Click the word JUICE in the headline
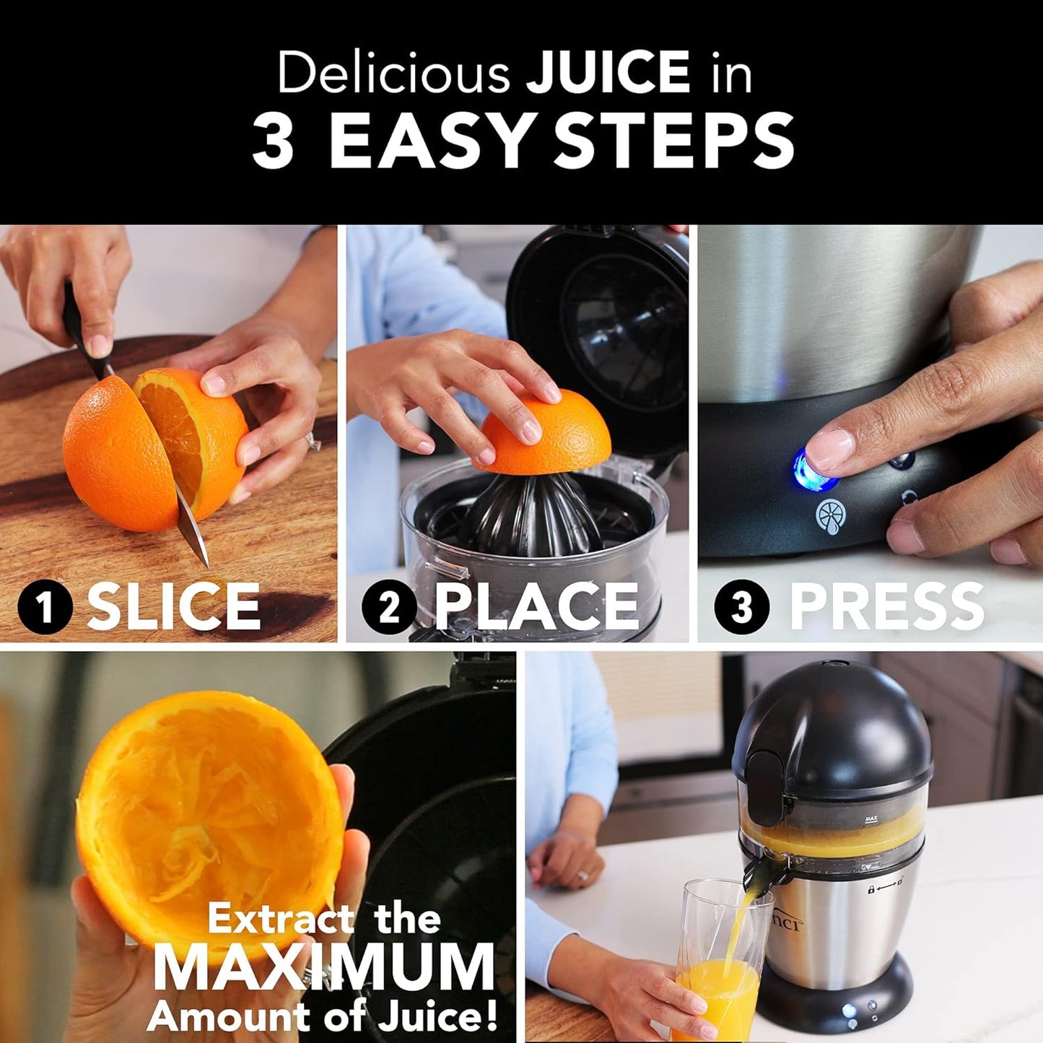pos(608,72)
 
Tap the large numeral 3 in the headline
pos(274,141)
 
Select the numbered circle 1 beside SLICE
pos(45,606)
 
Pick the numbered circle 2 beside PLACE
pos(389,606)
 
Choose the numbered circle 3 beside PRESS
pos(742,606)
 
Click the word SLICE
pos(173,606)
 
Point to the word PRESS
pos(886,606)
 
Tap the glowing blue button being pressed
pos(810,469)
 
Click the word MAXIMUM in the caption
pos(323,967)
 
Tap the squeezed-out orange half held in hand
pos(209,816)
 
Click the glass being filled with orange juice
pos(718,960)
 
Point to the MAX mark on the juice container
pos(870,819)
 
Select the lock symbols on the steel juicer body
pos(886,890)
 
